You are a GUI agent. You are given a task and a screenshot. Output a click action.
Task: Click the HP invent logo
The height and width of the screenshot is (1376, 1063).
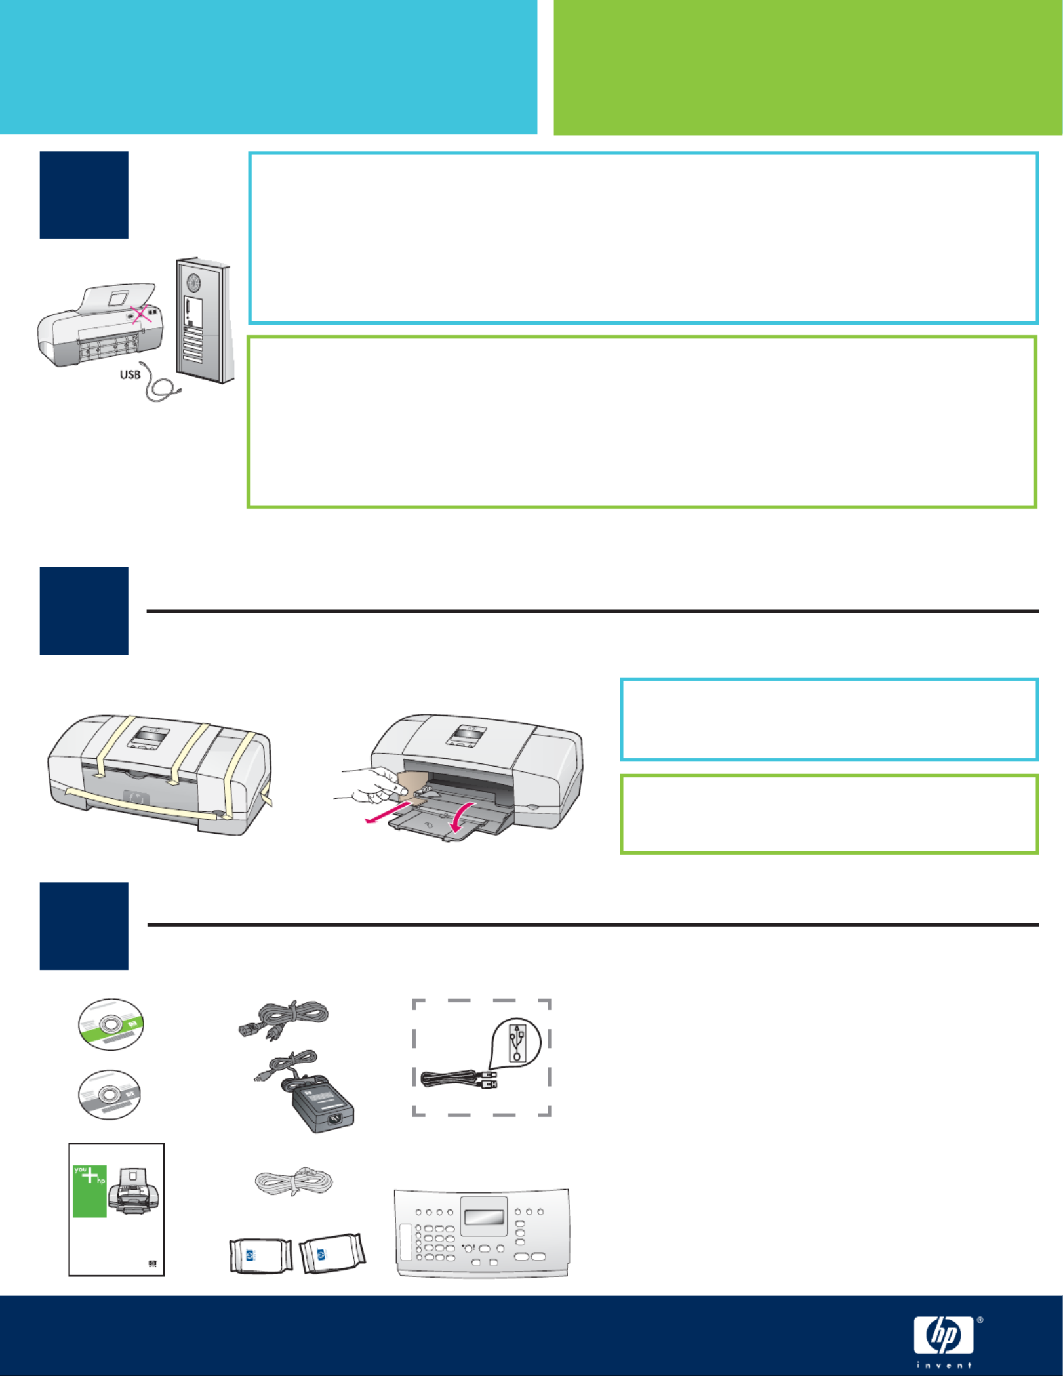point(944,1341)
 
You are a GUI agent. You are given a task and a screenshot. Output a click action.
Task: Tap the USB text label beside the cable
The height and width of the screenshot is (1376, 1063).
point(130,374)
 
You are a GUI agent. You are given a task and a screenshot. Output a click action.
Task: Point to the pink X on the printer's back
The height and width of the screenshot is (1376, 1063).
point(140,314)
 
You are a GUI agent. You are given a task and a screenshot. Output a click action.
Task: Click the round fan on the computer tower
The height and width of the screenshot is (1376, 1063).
point(193,283)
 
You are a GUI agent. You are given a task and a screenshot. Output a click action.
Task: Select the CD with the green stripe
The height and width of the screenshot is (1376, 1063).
point(111,1024)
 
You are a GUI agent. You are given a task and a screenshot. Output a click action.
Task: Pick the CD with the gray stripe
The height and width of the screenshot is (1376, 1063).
point(110,1095)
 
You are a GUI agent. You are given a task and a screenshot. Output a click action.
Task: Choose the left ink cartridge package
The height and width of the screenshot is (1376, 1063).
point(261,1255)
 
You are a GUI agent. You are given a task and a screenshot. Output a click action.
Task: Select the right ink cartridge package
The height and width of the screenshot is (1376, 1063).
point(332,1253)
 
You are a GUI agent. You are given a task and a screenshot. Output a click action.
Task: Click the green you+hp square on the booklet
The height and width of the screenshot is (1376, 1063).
point(90,1191)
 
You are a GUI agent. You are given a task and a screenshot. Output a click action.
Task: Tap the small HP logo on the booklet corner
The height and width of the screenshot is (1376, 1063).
point(153,1264)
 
